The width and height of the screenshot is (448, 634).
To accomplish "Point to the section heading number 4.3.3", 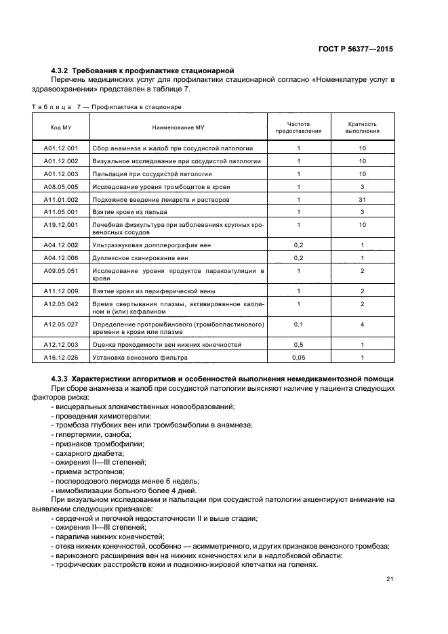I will tap(61, 377).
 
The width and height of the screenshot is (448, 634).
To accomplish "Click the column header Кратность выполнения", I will tap(362, 127).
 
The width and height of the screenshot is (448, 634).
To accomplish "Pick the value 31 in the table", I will tap(362, 200).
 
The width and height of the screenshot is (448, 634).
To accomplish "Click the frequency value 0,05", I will tap(298, 357).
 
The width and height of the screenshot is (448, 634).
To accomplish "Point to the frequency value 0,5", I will tap(298, 344).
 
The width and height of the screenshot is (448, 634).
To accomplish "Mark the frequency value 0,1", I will tap(298, 324).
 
